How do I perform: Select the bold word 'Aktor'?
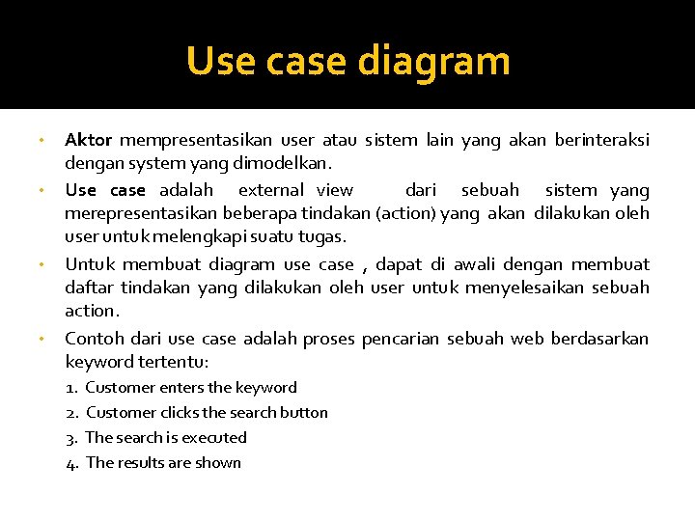pos(88,141)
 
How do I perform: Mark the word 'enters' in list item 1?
pos(181,388)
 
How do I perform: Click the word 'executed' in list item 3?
pos(213,438)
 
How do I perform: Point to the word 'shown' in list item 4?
pos(218,463)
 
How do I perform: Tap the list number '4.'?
pos(72,463)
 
